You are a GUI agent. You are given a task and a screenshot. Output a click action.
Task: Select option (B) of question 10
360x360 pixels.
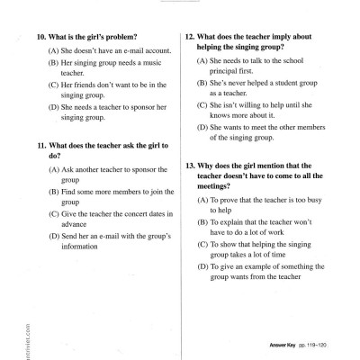tap(53, 64)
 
